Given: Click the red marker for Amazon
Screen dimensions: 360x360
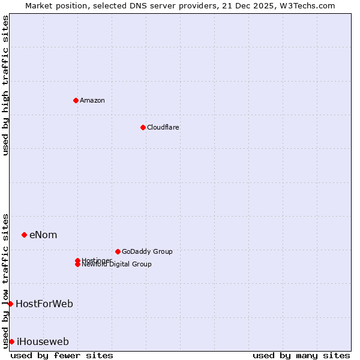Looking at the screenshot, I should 76,100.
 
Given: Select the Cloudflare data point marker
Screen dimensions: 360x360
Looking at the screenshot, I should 143,127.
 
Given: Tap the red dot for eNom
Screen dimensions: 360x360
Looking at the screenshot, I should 24,235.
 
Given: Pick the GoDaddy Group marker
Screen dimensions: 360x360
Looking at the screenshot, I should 118,251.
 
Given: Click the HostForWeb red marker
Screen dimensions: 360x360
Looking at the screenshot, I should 10,304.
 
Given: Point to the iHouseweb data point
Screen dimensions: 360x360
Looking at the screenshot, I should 11,341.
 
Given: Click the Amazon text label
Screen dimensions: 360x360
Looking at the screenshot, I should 92,100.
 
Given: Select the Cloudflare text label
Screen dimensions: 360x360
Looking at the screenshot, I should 163,127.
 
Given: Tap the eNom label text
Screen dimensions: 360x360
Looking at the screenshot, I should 43,235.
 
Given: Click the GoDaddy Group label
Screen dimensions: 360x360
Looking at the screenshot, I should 147,251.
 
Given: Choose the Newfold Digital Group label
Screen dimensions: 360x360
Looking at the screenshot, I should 116,265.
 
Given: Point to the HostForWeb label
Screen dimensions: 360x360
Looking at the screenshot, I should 44,304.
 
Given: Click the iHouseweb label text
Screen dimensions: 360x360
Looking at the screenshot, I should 43,341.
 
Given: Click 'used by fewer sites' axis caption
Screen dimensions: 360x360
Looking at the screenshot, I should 62,355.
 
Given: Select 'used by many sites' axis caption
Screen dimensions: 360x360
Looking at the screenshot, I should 301,355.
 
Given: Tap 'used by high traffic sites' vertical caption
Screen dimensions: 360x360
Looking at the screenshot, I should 5,85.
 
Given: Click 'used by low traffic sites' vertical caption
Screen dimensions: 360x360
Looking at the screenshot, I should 5,280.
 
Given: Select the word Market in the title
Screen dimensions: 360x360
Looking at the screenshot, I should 39,5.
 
